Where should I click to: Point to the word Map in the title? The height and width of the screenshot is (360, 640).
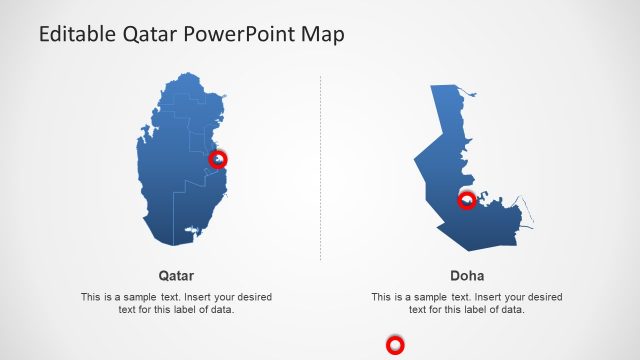click(x=325, y=35)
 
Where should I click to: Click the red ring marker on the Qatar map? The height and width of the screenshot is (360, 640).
click(x=218, y=159)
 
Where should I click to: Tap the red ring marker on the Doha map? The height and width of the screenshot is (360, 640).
click(x=466, y=201)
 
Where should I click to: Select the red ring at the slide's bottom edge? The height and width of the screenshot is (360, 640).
click(x=395, y=346)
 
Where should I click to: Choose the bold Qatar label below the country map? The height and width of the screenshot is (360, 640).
click(x=176, y=275)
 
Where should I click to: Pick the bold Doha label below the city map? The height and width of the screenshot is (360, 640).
click(x=467, y=275)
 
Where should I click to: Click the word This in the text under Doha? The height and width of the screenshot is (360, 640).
click(x=381, y=297)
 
